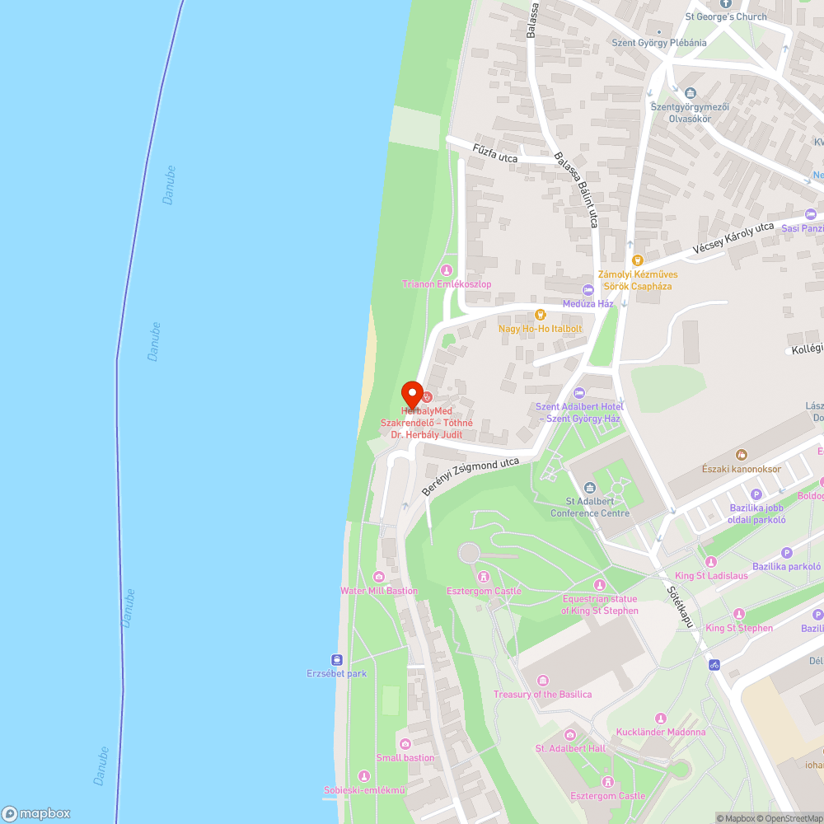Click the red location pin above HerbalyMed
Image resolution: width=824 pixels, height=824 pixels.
point(412,392)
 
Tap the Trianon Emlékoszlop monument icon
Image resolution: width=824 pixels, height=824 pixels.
point(447,270)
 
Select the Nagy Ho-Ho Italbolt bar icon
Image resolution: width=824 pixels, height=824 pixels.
point(541,314)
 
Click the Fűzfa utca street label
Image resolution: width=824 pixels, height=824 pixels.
point(495,152)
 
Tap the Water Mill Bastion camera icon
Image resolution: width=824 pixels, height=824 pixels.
point(379,577)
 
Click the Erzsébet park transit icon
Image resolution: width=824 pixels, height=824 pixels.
point(337,659)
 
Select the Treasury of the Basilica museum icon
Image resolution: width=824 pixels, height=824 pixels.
point(542,680)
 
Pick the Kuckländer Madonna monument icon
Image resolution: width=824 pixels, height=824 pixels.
point(660,719)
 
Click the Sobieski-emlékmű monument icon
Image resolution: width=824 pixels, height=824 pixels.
point(364,776)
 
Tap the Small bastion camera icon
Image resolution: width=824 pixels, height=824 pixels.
point(405,743)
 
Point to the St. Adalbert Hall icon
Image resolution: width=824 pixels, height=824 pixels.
point(570,734)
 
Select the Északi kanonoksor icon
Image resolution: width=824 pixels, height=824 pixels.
point(741,454)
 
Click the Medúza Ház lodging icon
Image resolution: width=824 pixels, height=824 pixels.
point(588,289)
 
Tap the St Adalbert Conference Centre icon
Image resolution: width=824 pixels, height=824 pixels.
point(590,487)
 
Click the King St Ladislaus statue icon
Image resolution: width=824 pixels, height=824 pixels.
point(711,561)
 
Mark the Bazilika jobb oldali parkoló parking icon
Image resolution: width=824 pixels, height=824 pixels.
point(756,506)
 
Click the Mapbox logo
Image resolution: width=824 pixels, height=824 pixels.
point(36,812)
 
